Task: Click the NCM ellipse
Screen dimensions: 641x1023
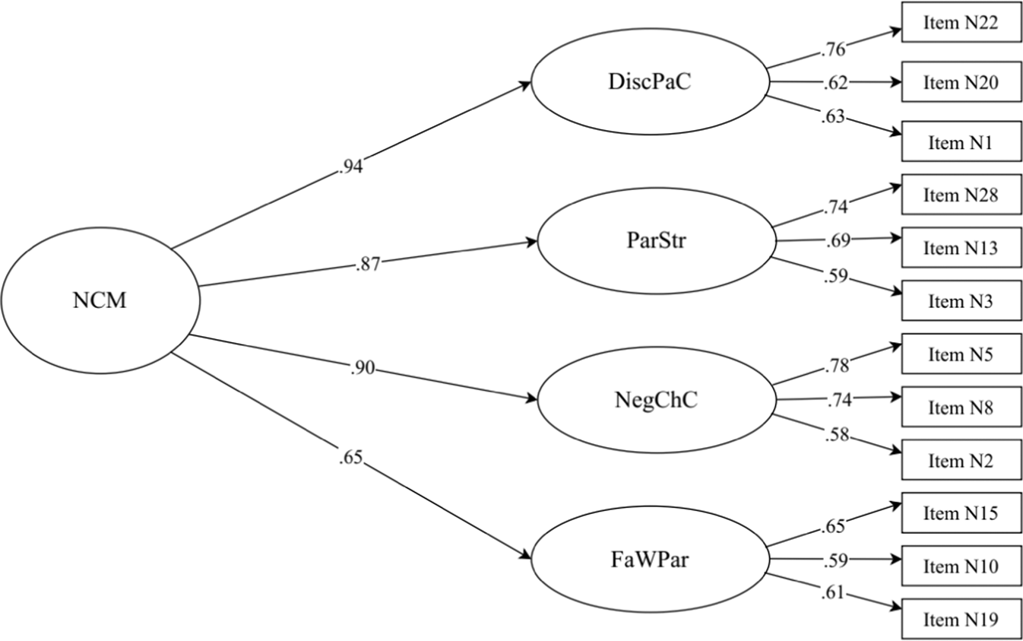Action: click(x=100, y=301)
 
